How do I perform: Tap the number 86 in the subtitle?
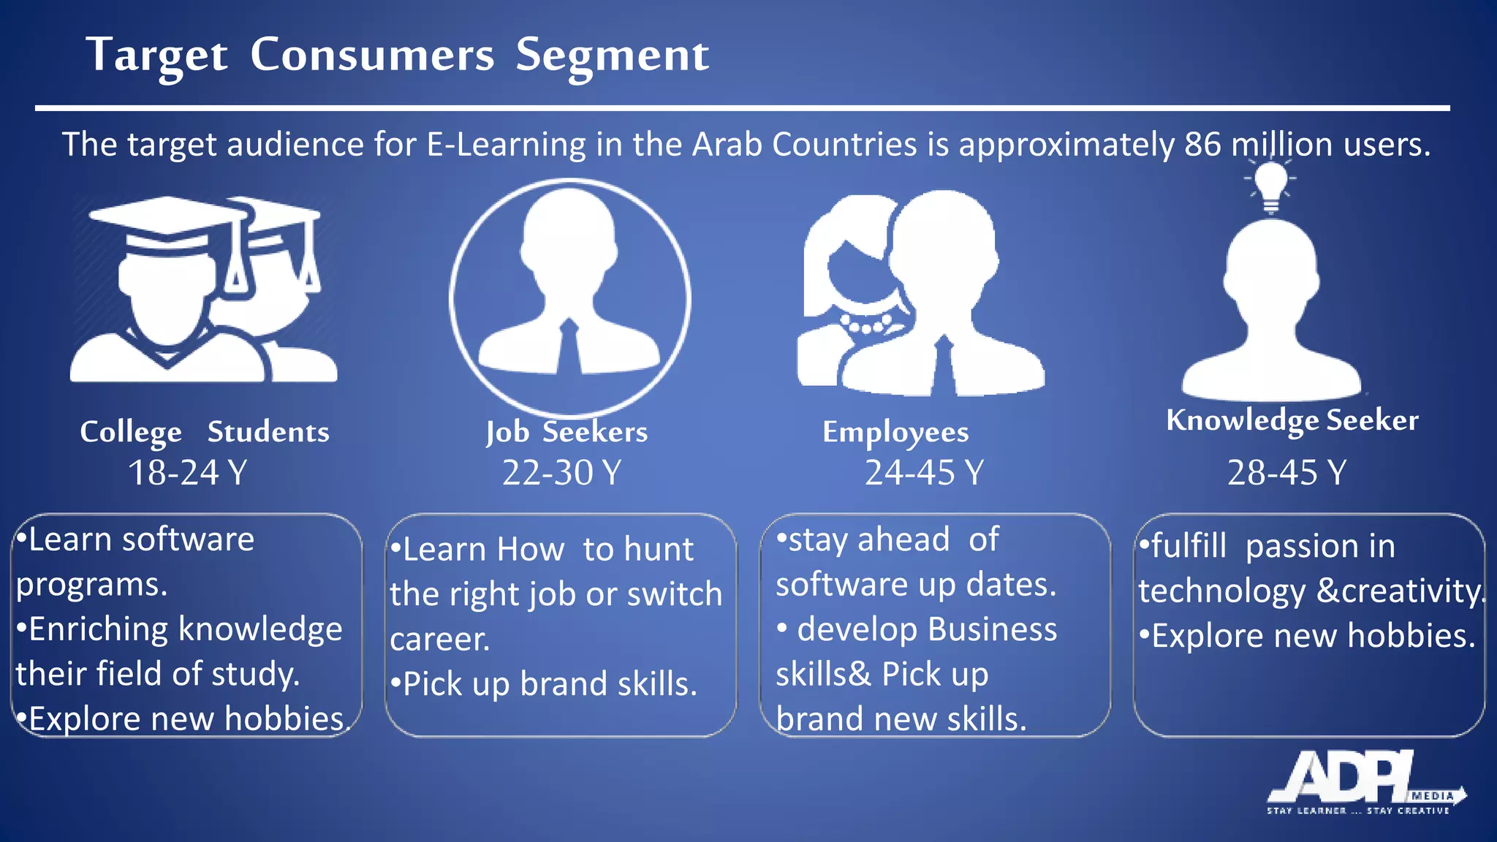point(1202,145)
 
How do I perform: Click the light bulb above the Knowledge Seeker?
point(1271,184)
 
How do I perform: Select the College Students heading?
point(205,432)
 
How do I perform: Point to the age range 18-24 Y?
point(188,472)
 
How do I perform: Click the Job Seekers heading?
point(566,432)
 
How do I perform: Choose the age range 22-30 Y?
point(561,472)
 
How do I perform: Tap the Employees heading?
point(895,432)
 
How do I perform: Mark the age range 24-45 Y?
point(925,472)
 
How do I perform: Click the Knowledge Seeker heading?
point(1292,420)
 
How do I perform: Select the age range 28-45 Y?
point(1286,472)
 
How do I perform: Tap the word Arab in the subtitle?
point(727,145)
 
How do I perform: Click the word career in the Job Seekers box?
point(438,640)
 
